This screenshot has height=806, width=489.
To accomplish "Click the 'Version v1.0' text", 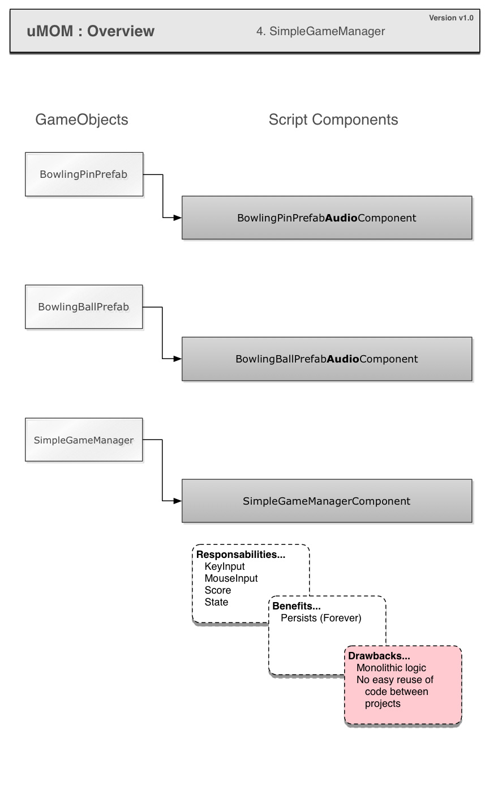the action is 451,18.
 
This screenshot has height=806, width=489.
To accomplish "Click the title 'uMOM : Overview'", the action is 91,31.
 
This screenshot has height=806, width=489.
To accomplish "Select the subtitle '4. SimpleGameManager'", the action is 320,31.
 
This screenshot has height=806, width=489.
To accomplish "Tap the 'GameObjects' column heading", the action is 81,120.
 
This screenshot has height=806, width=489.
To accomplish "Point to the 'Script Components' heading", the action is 333,120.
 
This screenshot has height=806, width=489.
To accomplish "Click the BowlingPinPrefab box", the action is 84,174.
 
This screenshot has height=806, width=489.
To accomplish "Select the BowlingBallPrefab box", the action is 84,307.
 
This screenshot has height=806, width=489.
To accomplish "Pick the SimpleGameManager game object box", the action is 84,440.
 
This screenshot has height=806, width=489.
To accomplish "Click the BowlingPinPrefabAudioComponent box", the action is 327,218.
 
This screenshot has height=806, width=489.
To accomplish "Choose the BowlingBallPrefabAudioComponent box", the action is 327,359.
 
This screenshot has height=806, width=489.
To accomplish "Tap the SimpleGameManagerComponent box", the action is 327,501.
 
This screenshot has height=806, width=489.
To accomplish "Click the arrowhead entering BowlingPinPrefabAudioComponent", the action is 178,218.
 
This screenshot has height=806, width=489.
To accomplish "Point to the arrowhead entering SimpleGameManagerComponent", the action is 178,501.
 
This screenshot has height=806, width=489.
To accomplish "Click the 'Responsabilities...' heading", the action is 241,555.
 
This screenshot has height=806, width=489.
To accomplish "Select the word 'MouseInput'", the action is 231,578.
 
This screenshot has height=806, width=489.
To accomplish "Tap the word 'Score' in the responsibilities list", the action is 218,590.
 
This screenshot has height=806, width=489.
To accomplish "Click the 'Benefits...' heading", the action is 296,606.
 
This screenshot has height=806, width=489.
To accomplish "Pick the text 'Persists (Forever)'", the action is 321,618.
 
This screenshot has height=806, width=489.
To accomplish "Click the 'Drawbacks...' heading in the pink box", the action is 379,655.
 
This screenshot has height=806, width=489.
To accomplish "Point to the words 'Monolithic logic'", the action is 391,668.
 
